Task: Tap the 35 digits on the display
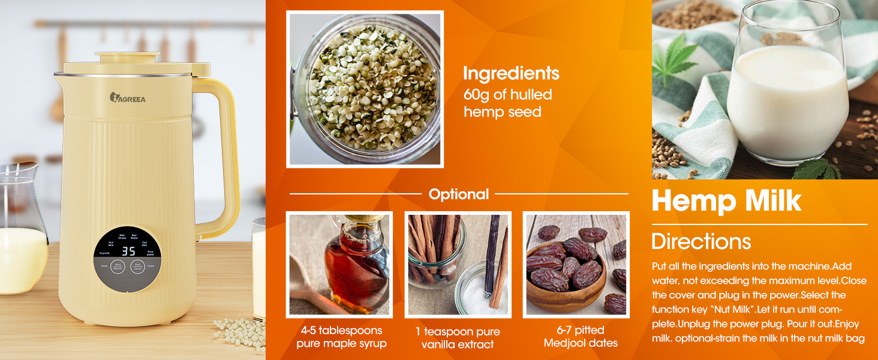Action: (128, 251)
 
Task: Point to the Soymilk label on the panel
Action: (104, 253)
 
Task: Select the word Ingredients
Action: (511, 73)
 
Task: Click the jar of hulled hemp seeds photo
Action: (365, 89)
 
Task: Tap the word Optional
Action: (459, 194)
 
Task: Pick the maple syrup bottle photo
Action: (339, 265)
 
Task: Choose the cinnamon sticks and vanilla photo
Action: (458, 265)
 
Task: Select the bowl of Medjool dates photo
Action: (576, 265)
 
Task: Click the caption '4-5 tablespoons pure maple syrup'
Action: (341, 337)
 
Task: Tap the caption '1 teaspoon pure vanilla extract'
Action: (458, 338)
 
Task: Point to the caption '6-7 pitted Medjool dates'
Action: (581, 337)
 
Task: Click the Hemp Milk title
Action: (726, 200)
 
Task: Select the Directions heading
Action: (701, 241)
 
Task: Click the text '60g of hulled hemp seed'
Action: (507, 103)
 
